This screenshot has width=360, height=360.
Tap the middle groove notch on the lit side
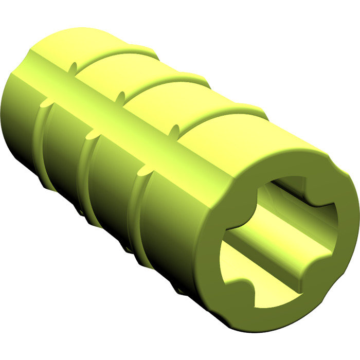click(x=122, y=96)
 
